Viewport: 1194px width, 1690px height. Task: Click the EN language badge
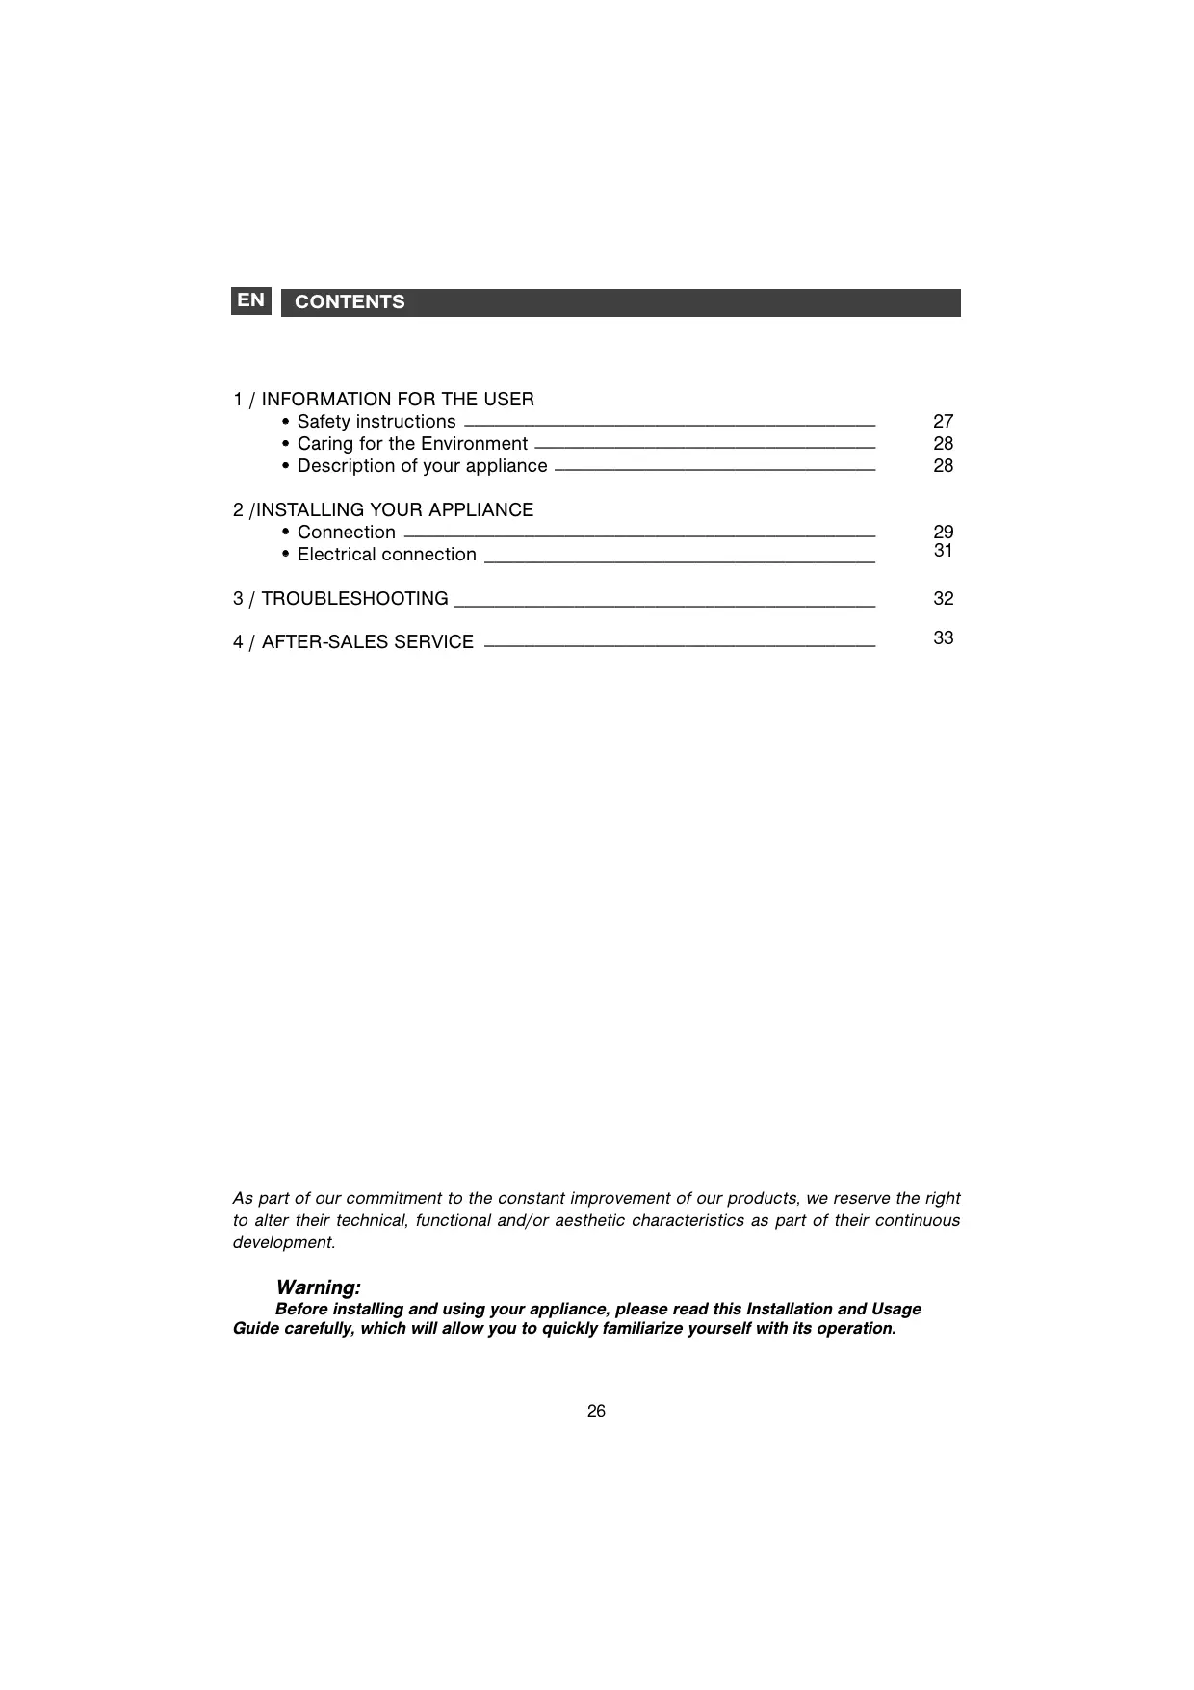click(250, 300)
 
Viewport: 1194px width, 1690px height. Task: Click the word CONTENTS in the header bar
click(350, 302)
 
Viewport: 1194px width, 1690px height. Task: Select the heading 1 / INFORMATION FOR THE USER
click(383, 400)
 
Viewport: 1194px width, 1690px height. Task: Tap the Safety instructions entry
click(376, 422)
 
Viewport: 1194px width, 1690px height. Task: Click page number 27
click(943, 422)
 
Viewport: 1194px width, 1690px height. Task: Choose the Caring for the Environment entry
click(412, 444)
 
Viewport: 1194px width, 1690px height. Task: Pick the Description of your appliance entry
click(422, 466)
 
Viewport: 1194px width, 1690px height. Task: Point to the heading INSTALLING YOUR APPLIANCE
click(394, 510)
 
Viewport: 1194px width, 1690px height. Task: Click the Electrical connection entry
click(386, 555)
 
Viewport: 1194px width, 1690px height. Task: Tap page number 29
click(943, 533)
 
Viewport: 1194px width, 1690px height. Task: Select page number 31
click(943, 551)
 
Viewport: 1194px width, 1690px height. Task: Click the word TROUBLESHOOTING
click(354, 599)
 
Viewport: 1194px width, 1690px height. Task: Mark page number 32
click(943, 599)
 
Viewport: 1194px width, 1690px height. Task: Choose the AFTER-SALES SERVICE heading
click(367, 642)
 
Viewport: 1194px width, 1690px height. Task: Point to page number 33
click(943, 638)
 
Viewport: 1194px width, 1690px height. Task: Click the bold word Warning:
click(318, 1287)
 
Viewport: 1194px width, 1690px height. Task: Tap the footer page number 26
click(596, 1412)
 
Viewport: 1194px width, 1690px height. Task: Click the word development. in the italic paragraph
click(284, 1242)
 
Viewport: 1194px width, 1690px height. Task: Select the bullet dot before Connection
click(286, 533)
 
